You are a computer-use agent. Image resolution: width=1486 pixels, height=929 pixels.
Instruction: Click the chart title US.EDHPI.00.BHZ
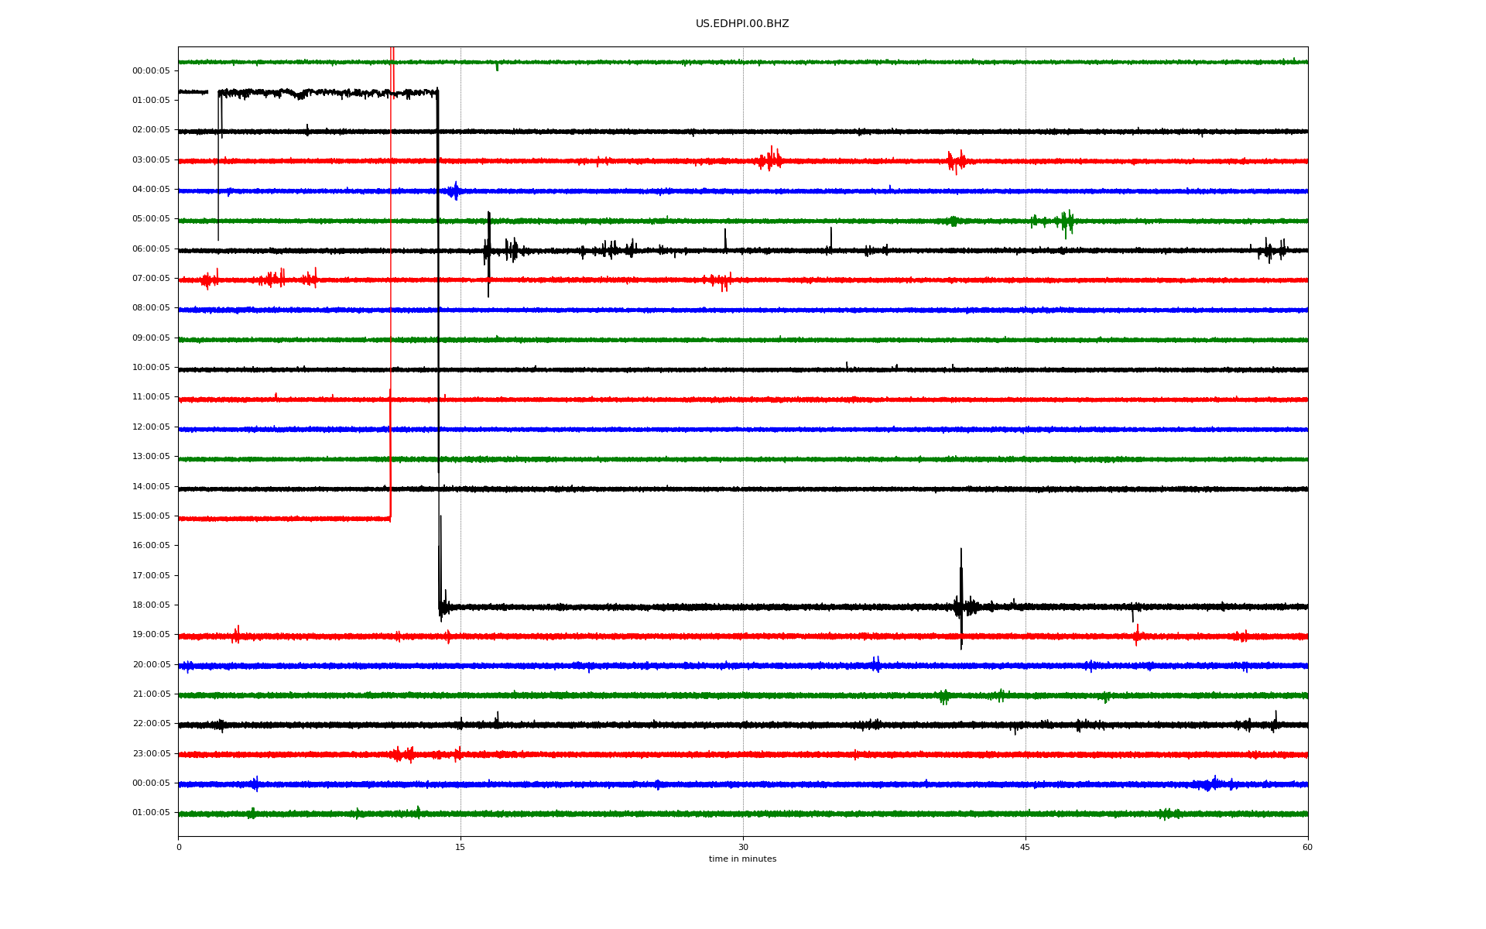742,24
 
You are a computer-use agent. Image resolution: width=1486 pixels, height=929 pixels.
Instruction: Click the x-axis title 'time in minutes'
742,859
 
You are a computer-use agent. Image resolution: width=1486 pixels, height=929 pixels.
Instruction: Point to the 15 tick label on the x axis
461,847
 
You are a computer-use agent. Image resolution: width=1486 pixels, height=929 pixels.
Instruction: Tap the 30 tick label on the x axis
743,847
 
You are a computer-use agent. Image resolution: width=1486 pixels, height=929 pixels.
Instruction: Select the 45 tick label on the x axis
1025,847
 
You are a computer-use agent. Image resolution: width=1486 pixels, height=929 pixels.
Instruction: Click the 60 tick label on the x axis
1307,847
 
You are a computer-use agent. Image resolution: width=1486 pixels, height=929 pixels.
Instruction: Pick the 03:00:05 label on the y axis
151,160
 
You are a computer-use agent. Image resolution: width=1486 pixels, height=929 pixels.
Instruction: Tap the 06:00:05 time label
151,249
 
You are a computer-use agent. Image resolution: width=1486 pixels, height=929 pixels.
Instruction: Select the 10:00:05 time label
151,368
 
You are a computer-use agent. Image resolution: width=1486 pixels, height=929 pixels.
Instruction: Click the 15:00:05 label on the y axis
151,516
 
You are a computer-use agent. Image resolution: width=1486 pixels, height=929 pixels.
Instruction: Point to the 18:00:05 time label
151,605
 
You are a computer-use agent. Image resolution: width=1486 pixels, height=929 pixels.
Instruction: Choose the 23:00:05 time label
151,754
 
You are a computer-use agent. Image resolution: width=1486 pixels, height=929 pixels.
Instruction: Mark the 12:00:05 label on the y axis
151,427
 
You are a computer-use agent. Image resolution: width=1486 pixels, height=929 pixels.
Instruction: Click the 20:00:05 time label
151,665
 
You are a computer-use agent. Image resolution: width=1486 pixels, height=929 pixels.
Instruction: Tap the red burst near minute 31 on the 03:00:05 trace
771,159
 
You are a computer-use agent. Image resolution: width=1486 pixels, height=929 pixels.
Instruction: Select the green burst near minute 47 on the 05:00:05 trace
1067,223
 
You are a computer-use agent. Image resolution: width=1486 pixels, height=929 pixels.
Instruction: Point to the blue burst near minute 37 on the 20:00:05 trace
876,664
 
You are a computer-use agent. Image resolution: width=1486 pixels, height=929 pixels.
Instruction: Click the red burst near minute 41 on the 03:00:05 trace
957,161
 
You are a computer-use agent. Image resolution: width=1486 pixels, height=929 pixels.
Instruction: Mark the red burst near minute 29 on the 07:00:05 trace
720,280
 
